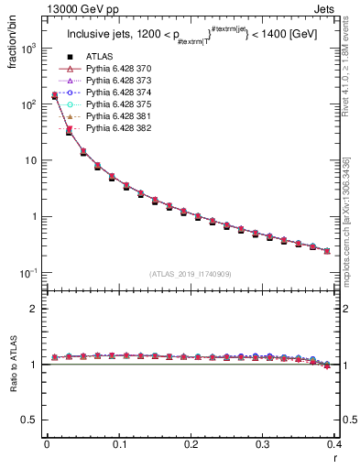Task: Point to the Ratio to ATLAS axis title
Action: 14,366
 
